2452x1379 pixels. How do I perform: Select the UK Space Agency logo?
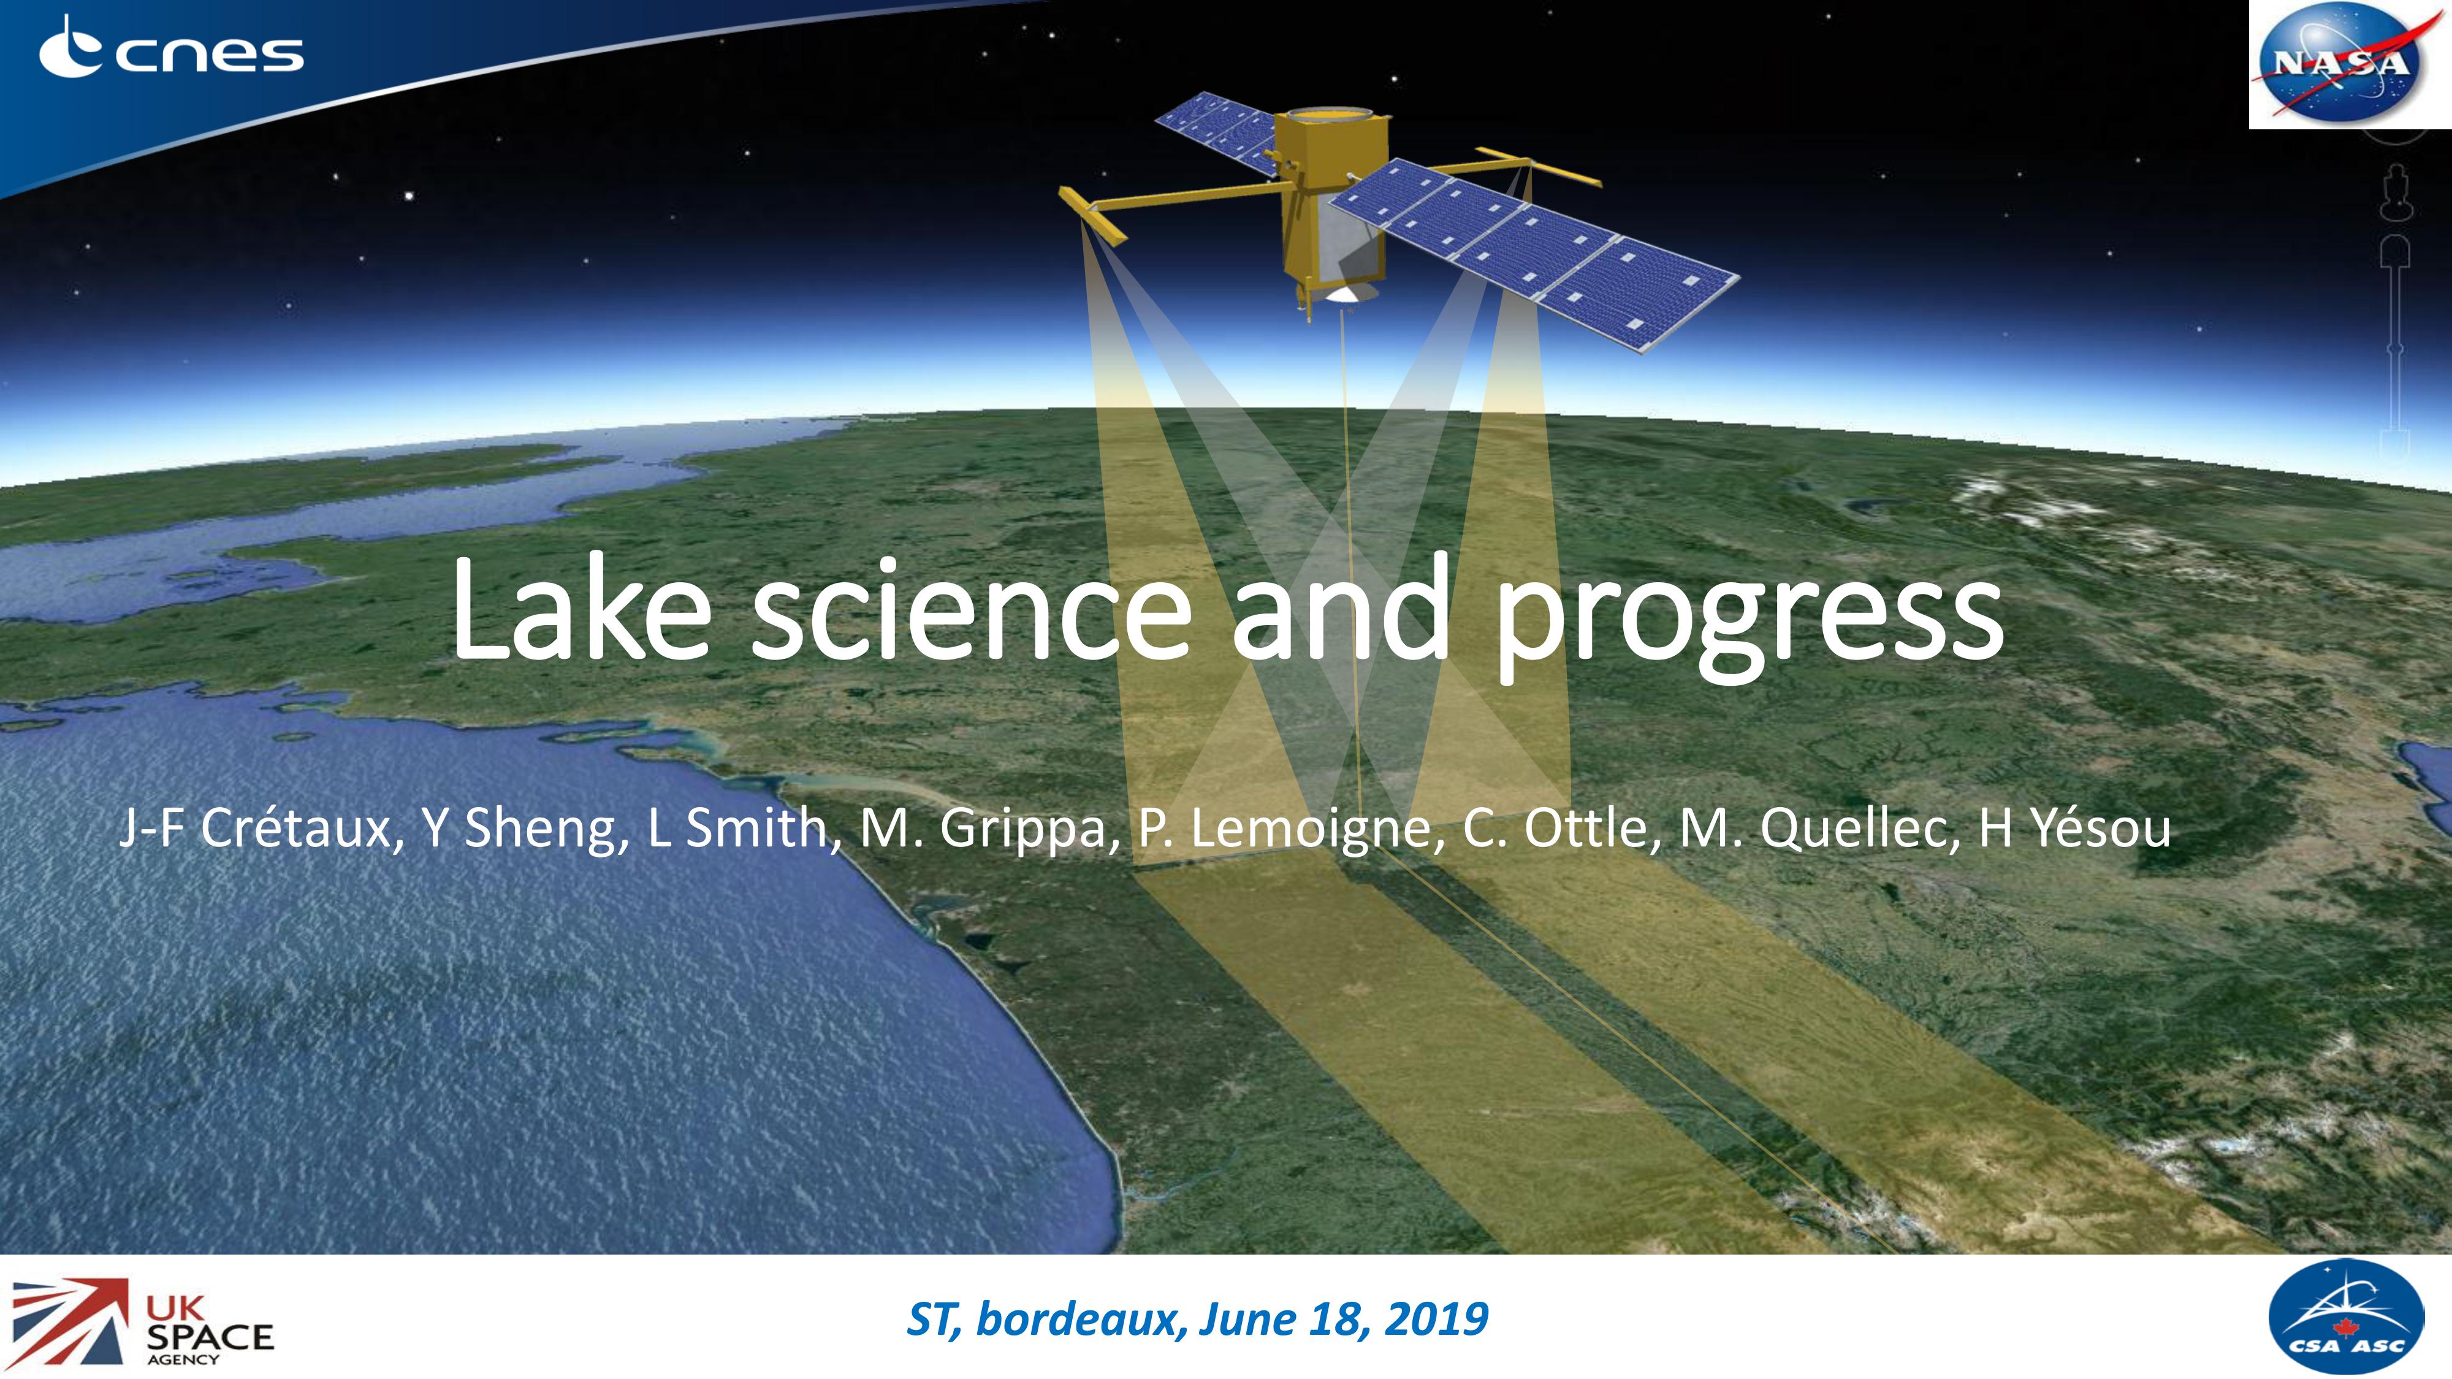[x=143, y=1322]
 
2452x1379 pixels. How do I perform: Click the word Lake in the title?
[x=582, y=610]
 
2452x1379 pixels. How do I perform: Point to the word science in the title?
[x=972, y=610]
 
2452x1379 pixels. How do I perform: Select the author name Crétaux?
[x=296, y=827]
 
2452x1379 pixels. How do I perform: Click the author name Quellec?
[x=1858, y=827]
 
